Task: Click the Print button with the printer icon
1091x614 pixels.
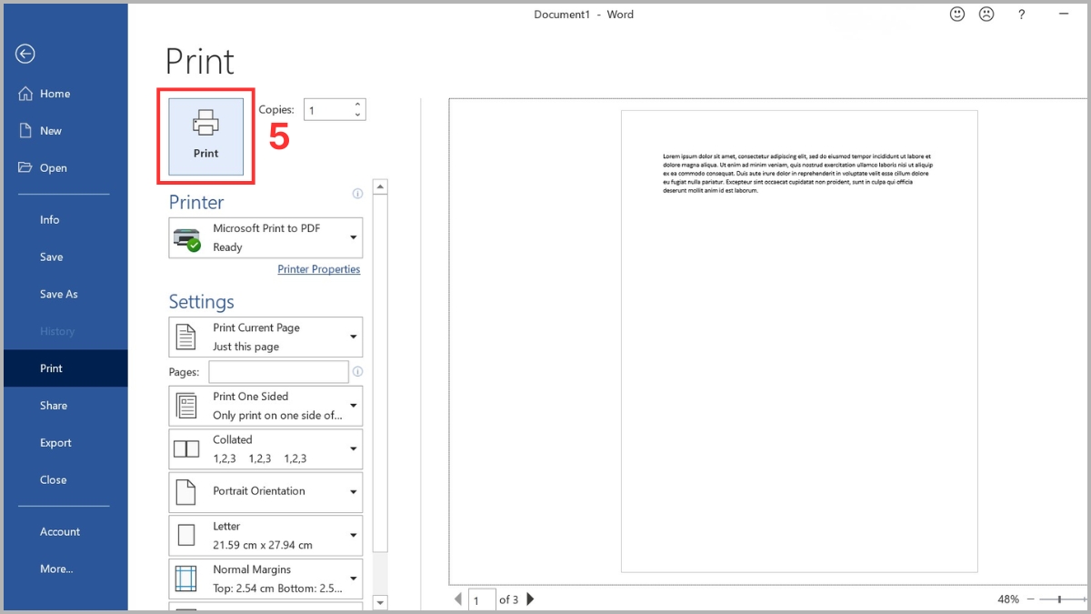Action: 205,136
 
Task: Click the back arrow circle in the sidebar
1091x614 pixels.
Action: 25,55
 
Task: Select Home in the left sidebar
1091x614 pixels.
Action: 55,94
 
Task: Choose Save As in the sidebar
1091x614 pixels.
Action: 58,294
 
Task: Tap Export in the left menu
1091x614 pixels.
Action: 55,443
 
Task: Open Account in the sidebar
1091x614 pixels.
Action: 60,531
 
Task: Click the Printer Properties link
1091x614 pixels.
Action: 318,269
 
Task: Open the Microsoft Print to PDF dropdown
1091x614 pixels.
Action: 265,237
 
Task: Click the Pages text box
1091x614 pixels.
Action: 278,371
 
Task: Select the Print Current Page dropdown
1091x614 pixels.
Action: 265,337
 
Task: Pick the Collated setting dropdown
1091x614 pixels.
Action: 265,448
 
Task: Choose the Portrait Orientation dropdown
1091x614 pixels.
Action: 265,491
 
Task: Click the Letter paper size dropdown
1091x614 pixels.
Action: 265,535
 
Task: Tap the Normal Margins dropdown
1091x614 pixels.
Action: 265,579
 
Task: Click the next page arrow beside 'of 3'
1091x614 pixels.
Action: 531,599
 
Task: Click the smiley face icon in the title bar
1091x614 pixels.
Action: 956,15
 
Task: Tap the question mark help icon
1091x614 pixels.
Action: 1022,15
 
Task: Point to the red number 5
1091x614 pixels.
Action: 278,136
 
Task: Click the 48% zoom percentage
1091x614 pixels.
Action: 1008,599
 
